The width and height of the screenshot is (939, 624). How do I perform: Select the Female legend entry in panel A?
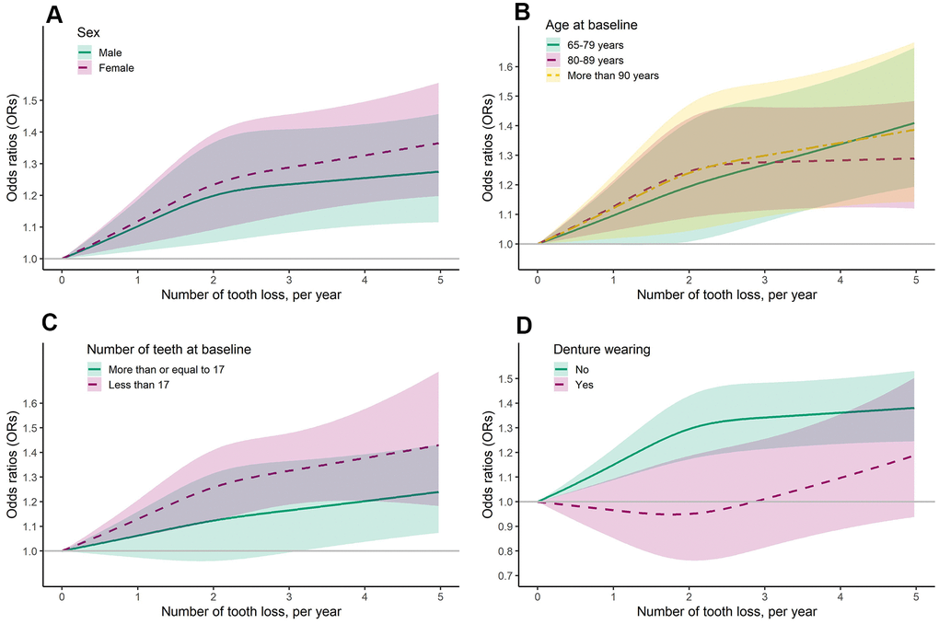click(116, 68)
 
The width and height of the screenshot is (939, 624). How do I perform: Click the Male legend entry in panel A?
click(110, 52)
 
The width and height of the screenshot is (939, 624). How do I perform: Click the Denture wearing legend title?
click(599, 350)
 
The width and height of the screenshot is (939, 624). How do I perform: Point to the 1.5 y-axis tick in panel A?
click(29, 100)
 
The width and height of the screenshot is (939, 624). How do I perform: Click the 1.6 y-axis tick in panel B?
click(505, 67)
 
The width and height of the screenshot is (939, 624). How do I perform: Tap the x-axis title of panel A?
click(250, 295)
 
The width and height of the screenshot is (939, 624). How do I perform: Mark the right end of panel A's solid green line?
click(439, 172)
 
